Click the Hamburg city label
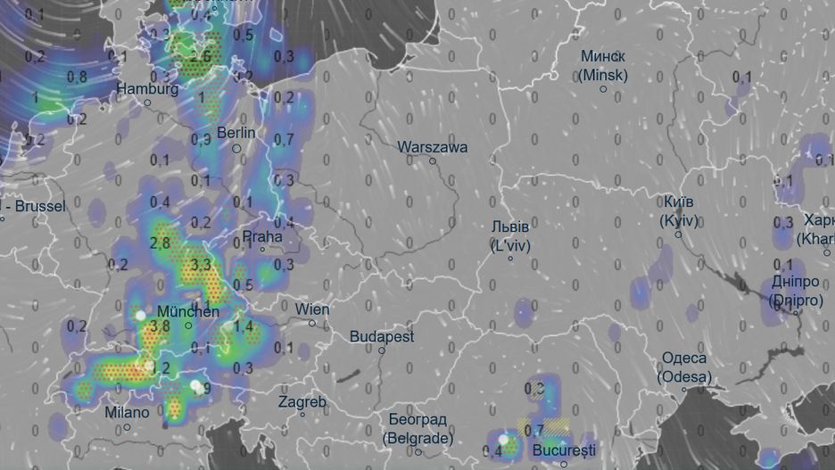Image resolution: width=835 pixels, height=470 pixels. point(147,89)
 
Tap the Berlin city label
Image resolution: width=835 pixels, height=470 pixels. point(236,133)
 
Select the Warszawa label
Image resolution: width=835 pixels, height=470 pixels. point(433,146)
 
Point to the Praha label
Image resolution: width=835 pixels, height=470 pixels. point(262,237)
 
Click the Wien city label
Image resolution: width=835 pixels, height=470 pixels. point(312,309)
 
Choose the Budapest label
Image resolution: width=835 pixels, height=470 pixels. point(382,337)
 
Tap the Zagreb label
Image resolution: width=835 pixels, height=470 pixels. point(302,401)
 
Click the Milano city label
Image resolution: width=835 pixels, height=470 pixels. point(128,413)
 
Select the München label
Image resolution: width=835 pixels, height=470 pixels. point(187,312)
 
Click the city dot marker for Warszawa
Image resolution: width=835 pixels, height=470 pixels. point(433,161)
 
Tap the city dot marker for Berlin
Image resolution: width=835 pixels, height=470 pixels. point(236,148)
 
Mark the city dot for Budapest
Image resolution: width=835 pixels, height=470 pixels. point(381,350)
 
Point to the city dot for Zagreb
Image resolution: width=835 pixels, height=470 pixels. point(302,414)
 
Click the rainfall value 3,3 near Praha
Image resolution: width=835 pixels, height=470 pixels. point(202,264)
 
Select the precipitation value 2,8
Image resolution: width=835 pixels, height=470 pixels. point(161,243)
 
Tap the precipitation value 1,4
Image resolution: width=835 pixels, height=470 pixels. point(244,326)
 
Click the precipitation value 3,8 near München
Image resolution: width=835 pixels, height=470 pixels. point(161,326)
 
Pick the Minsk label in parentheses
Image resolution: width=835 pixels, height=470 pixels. point(602,76)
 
